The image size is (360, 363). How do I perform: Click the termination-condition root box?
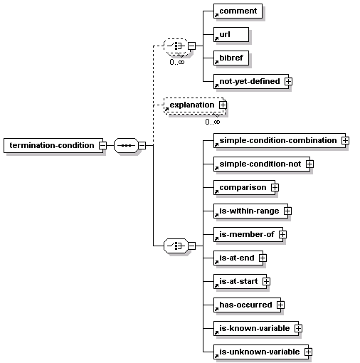pyautogui.click(x=53, y=145)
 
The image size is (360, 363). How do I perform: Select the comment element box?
pyautogui.click(x=238, y=11)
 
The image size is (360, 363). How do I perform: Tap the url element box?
pyautogui.click(x=231, y=34)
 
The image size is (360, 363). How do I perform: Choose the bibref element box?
pyautogui.click(x=231, y=58)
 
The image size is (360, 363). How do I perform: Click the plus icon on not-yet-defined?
pyautogui.click(x=288, y=81)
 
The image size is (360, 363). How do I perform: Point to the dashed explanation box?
pyautogui.click(x=194, y=105)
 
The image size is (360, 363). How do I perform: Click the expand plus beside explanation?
pyautogui.click(x=223, y=105)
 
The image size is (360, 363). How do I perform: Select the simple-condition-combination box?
pyautogui.click(x=280, y=140)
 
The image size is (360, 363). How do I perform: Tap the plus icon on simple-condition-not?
pyautogui.click(x=309, y=164)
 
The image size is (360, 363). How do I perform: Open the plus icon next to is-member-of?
pyautogui.click(x=282, y=234)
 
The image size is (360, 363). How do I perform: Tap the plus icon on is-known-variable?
pyautogui.click(x=298, y=328)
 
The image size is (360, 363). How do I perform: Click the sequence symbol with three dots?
pyautogui.click(x=126, y=145)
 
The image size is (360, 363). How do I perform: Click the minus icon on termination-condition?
pyautogui.click(x=102, y=145)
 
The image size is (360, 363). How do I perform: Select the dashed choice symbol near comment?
pyautogui.click(x=176, y=46)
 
